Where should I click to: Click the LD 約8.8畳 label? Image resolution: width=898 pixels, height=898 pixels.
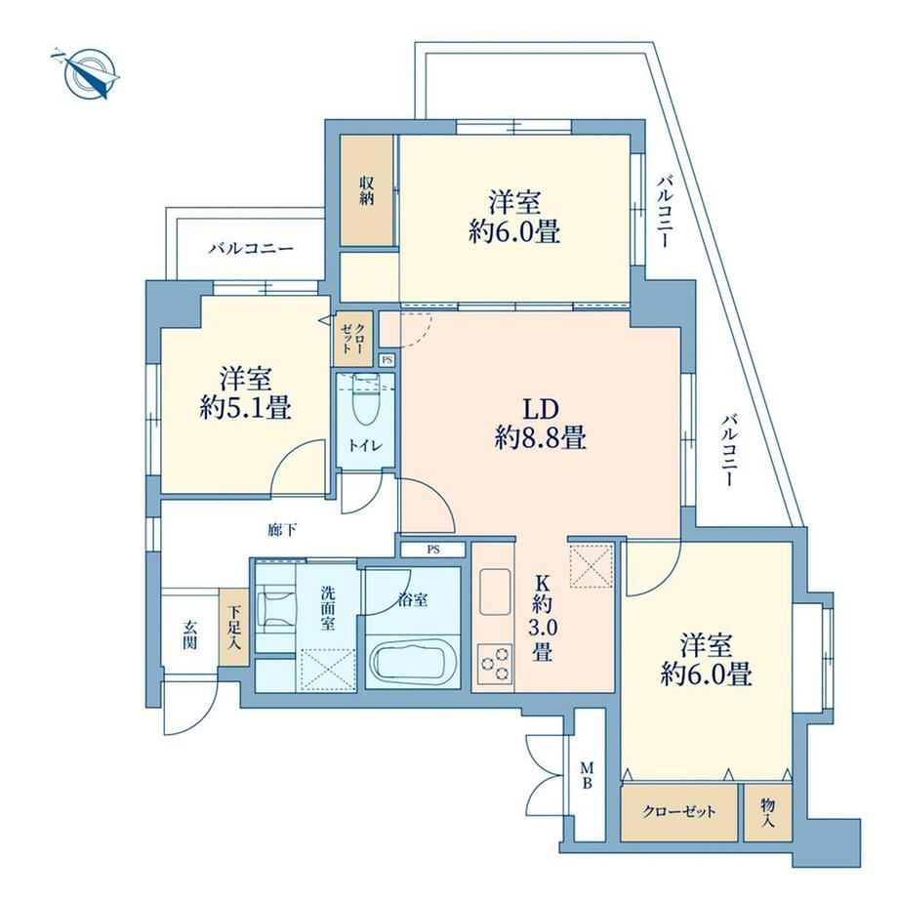tap(540, 424)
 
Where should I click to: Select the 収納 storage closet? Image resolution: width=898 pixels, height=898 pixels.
tap(367, 190)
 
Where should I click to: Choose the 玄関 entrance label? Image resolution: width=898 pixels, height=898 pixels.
tap(190, 634)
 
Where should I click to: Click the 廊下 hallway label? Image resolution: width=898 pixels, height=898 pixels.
tap(282, 530)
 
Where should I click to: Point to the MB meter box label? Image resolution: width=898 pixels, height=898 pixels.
tap(588, 775)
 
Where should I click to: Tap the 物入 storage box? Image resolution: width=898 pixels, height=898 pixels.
tap(768, 813)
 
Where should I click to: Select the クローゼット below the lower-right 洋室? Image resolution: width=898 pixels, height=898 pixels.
tap(679, 813)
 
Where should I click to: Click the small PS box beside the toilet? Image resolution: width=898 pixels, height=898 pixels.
tap(388, 359)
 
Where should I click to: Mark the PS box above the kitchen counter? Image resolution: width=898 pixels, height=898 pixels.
tap(433, 550)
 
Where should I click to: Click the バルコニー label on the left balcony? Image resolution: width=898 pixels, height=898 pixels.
tap(251, 249)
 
